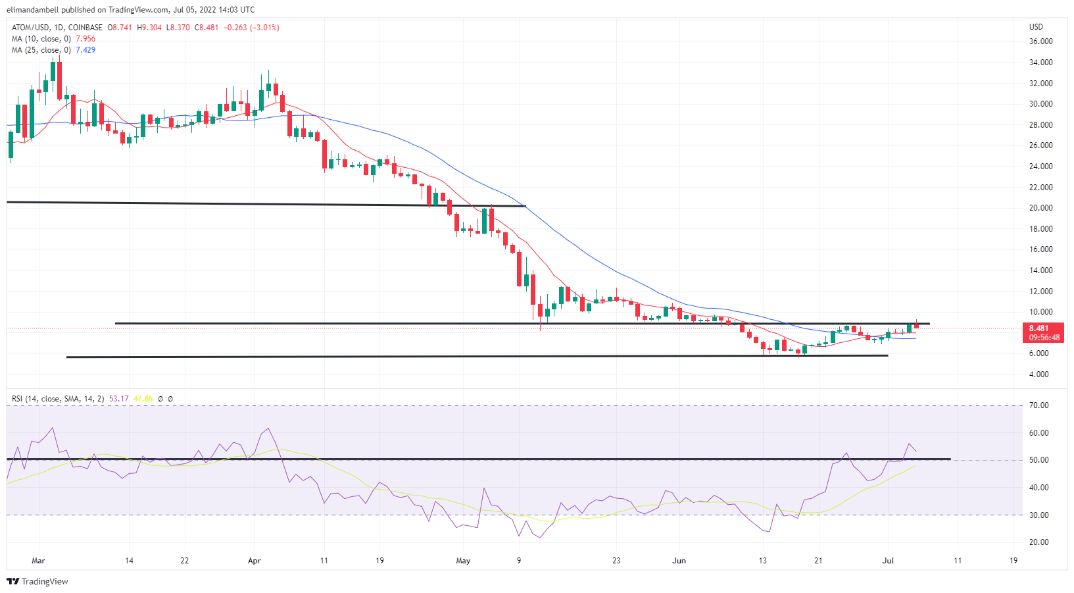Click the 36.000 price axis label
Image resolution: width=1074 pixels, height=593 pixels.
1040,41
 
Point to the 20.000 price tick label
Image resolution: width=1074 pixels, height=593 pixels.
1040,208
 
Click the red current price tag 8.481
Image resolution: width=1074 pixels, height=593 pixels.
1038,328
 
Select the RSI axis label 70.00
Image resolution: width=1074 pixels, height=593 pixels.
1038,405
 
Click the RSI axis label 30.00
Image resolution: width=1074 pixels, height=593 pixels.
1038,515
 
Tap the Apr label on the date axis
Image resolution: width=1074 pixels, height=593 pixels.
255,561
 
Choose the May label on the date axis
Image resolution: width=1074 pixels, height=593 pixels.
463,561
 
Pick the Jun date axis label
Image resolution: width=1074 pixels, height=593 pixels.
679,561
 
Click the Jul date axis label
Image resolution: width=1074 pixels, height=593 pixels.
888,561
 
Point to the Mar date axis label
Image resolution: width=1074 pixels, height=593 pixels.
39,561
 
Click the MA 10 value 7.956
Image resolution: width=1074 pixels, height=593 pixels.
85,39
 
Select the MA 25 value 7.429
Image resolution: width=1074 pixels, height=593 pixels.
85,50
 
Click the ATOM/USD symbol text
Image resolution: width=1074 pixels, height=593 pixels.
30,28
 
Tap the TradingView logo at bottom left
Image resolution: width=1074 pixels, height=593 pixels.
37,582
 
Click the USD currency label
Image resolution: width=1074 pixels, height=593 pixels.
1036,27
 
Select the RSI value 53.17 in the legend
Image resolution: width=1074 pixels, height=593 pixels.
118,399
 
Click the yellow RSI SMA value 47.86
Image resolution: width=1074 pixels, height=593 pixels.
143,399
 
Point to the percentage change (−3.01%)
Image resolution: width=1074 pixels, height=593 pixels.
264,28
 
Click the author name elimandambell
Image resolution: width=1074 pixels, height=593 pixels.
32,10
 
